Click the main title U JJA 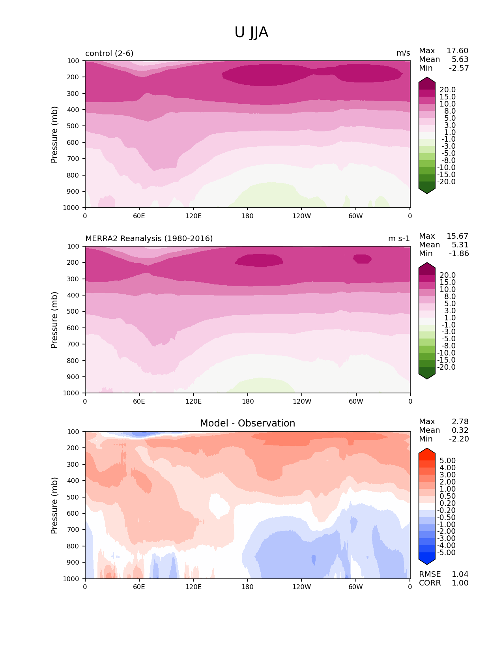pyautogui.click(x=251, y=32)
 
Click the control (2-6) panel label pyautogui.click(x=109, y=53)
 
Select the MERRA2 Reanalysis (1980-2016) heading pyautogui.click(x=149, y=238)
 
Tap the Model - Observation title pyautogui.click(x=247, y=423)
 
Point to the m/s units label pyautogui.click(x=403, y=53)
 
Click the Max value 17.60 pyautogui.click(x=457, y=51)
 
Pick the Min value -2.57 pyautogui.click(x=459, y=68)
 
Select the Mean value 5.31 pyautogui.click(x=460, y=245)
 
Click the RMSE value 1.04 pyautogui.click(x=460, y=574)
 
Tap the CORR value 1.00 pyautogui.click(x=460, y=583)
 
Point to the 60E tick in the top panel pyautogui.click(x=139, y=216)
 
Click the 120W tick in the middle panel pyautogui.click(x=302, y=401)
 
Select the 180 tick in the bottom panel pyautogui.click(x=247, y=587)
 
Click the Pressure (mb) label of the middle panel pyautogui.click(x=54, y=320)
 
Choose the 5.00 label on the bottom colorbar pyautogui.click(x=447, y=460)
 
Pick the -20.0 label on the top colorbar pyautogui.click(x=446, y=182)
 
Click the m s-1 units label pyautogui.click(x=399, y=238)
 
